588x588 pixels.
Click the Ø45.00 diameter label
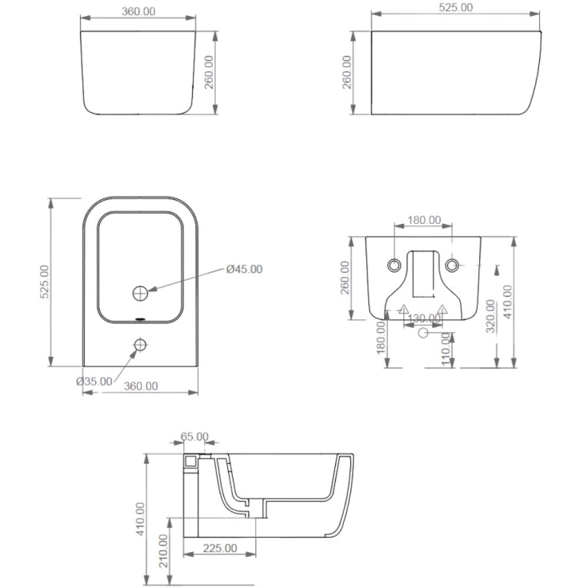[x=244, y=269]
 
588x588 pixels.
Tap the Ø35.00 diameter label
[x=94, y=382]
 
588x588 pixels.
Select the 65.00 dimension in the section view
[x=194, y=437]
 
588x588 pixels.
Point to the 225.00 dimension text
[x=220, y=548]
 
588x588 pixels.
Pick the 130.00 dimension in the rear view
[x=423, y=318]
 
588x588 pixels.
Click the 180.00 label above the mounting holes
[x=424, y=220]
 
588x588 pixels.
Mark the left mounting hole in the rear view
[x=394, y=265]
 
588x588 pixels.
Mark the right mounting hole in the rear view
[x=453, y=265]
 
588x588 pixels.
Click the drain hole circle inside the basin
[x=141, y=294]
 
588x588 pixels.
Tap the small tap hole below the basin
[x=141, y=345]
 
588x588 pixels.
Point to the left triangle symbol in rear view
[x=404, y=310]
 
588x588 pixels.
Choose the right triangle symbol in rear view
[x=442, y=310]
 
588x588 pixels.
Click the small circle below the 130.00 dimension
[x=423, y=335]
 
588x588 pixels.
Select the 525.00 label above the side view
[x=456, y=7]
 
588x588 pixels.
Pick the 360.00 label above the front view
[x=139, y=10]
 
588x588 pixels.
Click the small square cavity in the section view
[x=190, y=462]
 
